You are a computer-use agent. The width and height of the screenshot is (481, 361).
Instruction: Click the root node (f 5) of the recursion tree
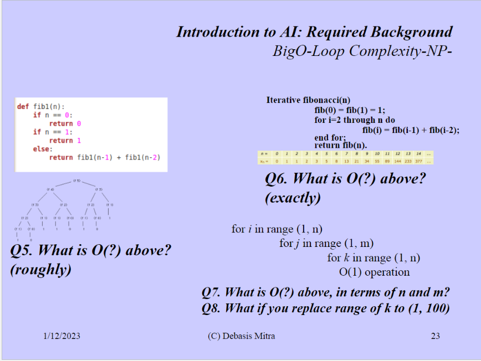[x=78, y=181]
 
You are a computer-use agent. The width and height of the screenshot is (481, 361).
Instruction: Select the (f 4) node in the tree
[x=50, y=190]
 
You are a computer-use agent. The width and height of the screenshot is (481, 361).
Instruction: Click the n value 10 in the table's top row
[x=377, y=153]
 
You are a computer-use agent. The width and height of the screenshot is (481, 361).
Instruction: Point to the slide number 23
[x=435, y=336]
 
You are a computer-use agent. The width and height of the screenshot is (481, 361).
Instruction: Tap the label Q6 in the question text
[x=277, y=179]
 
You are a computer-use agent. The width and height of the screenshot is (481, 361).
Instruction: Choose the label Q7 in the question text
[x=212, y=292]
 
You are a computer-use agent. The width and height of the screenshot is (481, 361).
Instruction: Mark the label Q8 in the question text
[x=212, y=308]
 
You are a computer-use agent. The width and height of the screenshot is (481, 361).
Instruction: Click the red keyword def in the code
[x=23, y=106]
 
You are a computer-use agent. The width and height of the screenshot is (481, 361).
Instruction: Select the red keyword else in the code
[x=42, y=148]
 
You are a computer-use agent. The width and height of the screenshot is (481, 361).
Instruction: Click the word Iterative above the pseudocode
[x=284, y=100]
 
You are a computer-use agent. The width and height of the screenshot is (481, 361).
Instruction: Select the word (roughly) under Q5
[x=41, y=270]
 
